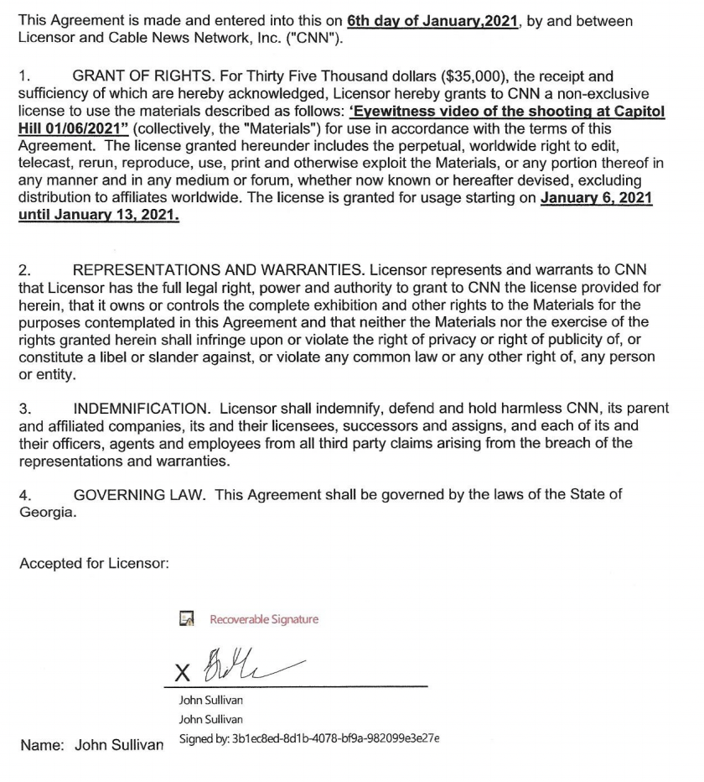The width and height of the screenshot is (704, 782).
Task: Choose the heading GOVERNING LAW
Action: [x=139, y=494]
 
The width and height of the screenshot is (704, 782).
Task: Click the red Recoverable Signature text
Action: [x=264, y=619]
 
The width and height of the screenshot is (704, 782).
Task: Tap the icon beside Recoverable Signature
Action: [x=188, y=619]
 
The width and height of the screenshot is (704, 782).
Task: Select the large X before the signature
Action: [x=183, y=673]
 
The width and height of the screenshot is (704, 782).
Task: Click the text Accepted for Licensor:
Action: [x=94, y=564]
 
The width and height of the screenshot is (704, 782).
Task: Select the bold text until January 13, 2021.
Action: [x=99, y=214]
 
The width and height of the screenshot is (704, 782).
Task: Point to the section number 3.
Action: [x=25, y=409]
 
